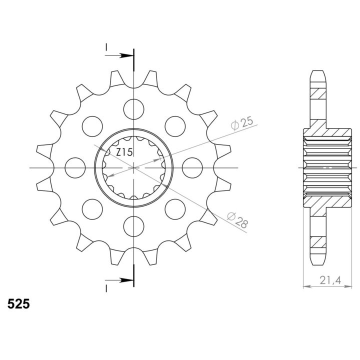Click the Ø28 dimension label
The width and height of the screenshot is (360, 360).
(x=237, y=220)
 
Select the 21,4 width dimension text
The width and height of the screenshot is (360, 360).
(x=330, y=280)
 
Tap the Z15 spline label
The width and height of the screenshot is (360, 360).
(x=124, y=152)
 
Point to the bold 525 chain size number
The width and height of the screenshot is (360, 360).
(x=18, y=304)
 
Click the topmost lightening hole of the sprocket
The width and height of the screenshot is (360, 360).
(x=134, y=109)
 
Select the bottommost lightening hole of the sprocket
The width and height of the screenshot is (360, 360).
(x=134, y=226)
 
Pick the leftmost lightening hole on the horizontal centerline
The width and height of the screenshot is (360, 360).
(x=75, y=168)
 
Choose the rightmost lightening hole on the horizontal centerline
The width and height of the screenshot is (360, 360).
(x=192, y=168)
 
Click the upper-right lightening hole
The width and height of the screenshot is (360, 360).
(x=175, y=126)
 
